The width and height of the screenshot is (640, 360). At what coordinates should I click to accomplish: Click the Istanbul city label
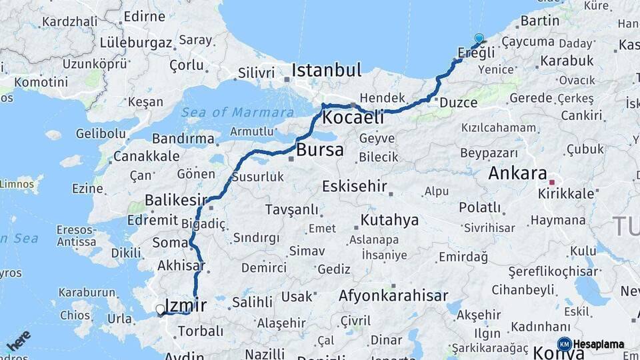click(x=327, y=70)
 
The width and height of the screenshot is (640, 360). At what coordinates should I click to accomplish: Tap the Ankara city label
click(x=517, y=173)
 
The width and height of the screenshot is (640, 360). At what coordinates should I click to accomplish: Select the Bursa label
click(x=320, y=149)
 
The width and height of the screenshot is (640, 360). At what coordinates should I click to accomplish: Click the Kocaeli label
click(x=353, y=118)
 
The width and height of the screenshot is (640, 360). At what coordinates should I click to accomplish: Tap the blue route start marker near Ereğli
click(x=479, y=38)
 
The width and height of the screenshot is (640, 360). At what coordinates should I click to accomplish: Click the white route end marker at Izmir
click(x=160, y=309)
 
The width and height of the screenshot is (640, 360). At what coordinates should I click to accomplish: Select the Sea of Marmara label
click(x=237, y=112)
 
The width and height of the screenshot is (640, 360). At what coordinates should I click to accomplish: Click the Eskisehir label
click(x=354, y=186)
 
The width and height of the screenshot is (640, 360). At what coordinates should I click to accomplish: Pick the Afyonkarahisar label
click(x=393, y=295)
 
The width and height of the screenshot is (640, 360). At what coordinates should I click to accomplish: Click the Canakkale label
click(x=146, y=156)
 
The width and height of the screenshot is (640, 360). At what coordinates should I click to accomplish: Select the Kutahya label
click(x=389, y=219)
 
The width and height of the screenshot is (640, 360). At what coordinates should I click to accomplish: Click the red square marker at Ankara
click(x=551, y=181)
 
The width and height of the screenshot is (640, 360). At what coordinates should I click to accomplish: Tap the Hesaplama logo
click(x=591, y=344)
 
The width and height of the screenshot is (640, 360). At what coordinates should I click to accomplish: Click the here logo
click(x=18, y=341)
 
